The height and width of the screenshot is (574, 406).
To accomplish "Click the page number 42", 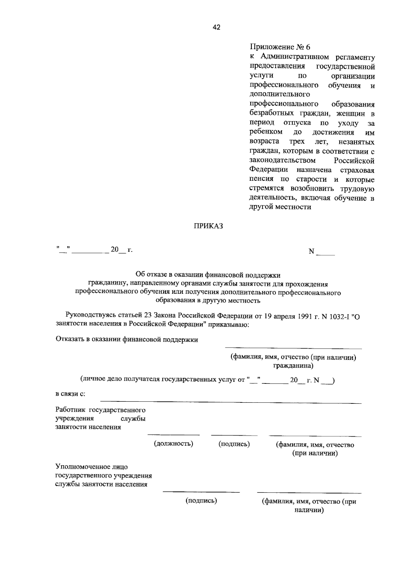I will [x=217, y=28].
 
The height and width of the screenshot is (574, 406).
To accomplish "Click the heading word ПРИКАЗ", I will [x=208, y=226].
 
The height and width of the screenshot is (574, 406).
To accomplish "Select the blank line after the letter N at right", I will [x=325, y=254].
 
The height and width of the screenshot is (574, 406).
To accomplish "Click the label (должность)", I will [x=174, y=444].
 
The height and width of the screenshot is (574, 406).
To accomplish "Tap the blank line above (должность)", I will [x=174, y=435].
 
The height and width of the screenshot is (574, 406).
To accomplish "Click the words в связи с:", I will [x=70, y=394].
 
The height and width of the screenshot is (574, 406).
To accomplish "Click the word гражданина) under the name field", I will [x=293, y=366].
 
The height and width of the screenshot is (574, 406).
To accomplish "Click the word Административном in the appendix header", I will [x=295, y=57].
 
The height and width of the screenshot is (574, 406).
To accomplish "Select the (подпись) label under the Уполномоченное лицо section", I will [x=201, y=501].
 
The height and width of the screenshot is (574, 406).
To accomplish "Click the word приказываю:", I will [x=230, y=325].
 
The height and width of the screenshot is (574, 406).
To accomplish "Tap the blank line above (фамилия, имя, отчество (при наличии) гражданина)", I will [x=293, y=348].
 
